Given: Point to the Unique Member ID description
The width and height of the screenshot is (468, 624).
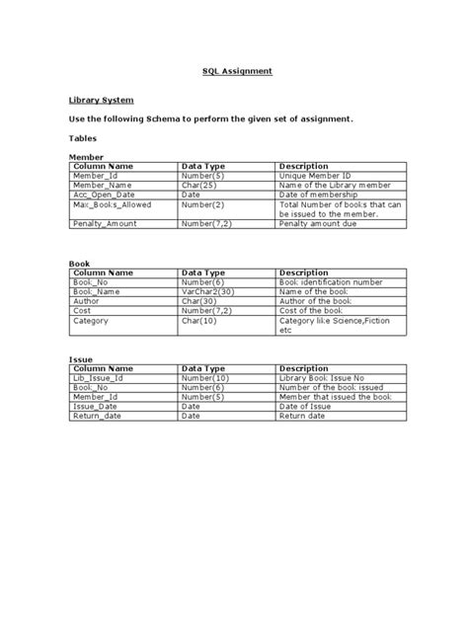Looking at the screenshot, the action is (x=315, y=176).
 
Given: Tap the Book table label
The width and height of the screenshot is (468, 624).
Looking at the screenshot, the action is (x=78, y=264).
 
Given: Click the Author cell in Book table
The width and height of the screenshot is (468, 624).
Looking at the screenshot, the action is (x=86, y=301).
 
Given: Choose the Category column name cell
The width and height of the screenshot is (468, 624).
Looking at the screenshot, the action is (x=90, y=321).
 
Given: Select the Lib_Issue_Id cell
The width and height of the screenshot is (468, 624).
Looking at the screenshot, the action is (x=96, y=379).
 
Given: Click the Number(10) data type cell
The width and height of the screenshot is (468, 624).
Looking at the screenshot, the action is (x=204, y=379).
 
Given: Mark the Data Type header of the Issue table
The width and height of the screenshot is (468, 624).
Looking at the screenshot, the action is (x=203, y=369).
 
